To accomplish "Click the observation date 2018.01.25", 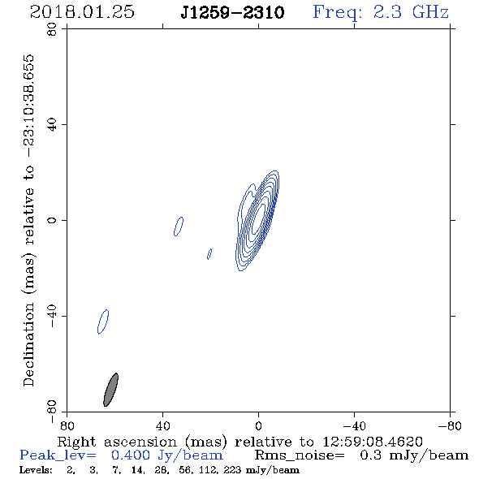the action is pos(82,12).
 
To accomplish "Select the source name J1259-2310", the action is pos(232,13).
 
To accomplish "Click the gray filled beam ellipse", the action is pos(110,390).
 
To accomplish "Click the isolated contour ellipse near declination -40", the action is pos(103,321).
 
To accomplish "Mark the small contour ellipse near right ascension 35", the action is pos(179,227).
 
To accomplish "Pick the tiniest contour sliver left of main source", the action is pos(209,254).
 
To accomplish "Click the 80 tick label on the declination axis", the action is pos(52,29).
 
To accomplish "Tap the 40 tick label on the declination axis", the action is pos(52,125).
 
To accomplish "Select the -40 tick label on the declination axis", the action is pos(52,316).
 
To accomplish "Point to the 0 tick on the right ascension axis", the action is pos(258,426).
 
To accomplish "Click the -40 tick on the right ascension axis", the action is pos(354,426).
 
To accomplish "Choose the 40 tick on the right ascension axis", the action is pos(162,426).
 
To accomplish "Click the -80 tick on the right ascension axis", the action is pos(450,426).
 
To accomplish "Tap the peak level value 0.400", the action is pos(131,455).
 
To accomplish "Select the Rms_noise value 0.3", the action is pos(370,455).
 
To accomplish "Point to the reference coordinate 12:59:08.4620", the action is pos(373,442).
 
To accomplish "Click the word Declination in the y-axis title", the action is pos(28,344).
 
